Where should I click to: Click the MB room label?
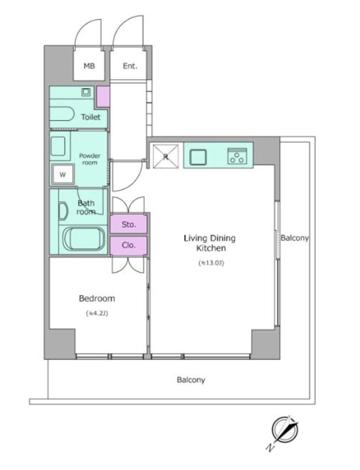click(x=89, y=66)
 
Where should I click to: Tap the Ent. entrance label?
click(x=130, y=66)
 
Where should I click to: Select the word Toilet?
click(x=91, y=117)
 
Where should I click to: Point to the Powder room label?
click(x=90, y=159)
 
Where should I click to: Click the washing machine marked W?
click(x=63, y=174)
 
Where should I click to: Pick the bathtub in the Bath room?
click(x=84, y=239)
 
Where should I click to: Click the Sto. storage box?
click(x=129, y=224)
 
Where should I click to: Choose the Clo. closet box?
click(x=129, y=245)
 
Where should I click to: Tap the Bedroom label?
click(x=97, y=299)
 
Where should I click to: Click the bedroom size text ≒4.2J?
click(x=97, y=313)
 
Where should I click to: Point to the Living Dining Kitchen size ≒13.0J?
click(x=211, y=263)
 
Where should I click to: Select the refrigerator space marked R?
click(x=166, y=156)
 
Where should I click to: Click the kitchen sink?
click(x=198, y=157)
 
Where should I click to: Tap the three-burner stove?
click(x=237, y=156)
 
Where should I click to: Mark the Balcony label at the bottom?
click(x=191, y=380)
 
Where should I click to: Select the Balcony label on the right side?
click(x=294, y=238)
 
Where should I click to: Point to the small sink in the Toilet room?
click(x=86, y=92)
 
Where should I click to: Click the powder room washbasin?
click(x=58, y=146)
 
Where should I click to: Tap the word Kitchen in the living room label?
click(x=211, y=248)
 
